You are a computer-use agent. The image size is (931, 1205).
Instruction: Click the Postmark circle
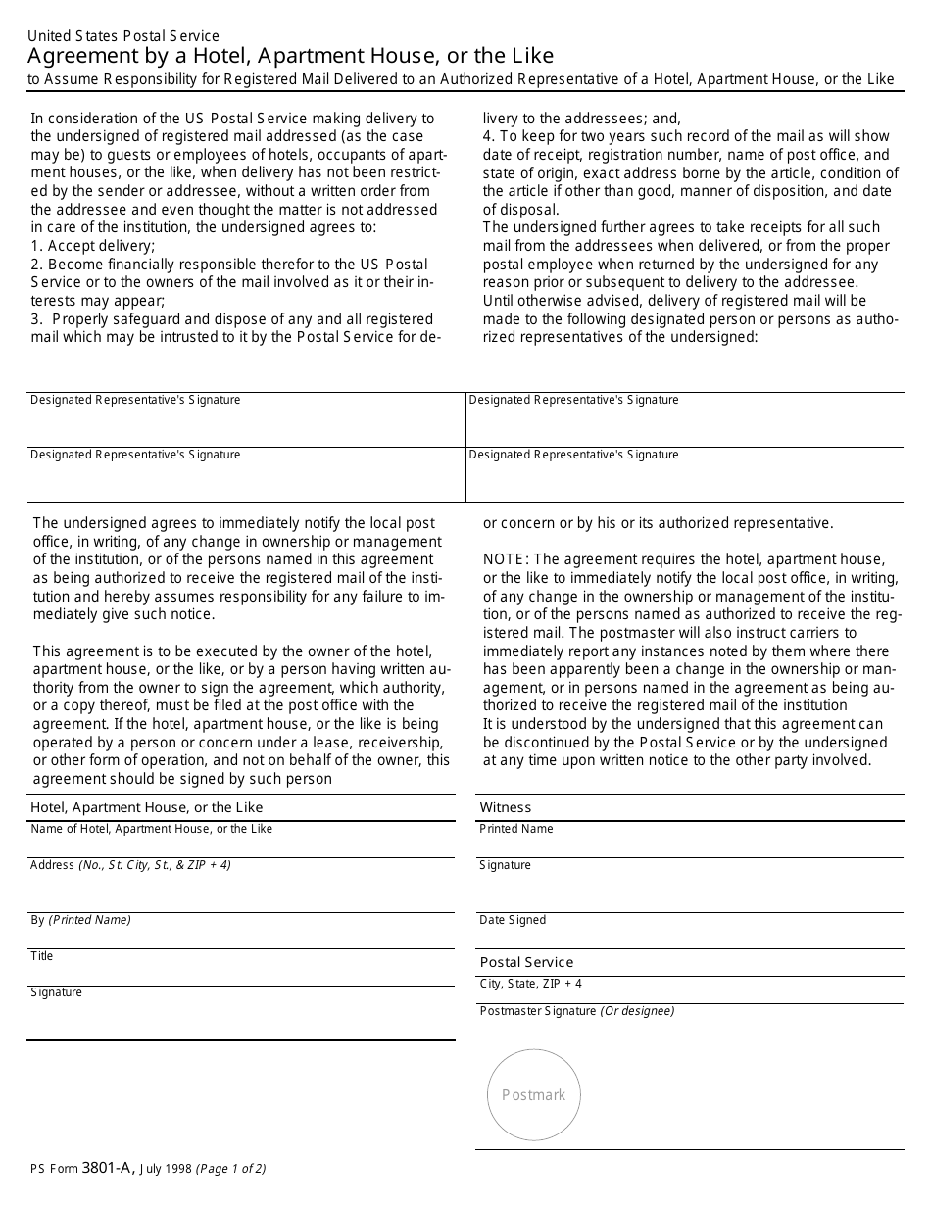pos(534,1095)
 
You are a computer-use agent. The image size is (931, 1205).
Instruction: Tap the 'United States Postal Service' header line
pos(123,36)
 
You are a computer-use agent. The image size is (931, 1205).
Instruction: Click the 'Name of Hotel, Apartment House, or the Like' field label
pos(152,829)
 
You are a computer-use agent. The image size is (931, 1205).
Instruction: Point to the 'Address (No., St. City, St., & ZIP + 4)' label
pos(130,865)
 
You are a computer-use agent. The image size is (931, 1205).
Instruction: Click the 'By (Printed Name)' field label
pos(80,920)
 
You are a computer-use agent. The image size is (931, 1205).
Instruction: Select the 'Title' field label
pos(42,956)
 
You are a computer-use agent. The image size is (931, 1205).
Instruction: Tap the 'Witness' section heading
pos(506,807)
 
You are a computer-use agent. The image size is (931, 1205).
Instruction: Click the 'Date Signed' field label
pos(513,920)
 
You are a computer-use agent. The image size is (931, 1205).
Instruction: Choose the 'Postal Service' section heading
pos(526,962)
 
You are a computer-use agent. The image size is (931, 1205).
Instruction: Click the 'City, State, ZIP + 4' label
pos(530,984)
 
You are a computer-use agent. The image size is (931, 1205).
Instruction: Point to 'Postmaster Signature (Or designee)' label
pos(576,1011)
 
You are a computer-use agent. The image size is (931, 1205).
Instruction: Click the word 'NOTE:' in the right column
pos(506,559)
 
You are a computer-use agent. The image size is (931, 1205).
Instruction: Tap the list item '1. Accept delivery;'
pos(93,246)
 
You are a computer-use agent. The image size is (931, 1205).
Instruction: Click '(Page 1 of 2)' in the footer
pos(231,1168)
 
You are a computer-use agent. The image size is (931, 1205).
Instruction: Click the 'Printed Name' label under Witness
pos(515,829)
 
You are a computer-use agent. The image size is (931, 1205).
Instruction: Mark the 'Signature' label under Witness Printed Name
pos(505,865)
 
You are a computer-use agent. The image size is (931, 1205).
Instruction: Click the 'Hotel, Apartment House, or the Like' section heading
pos(147,807)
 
